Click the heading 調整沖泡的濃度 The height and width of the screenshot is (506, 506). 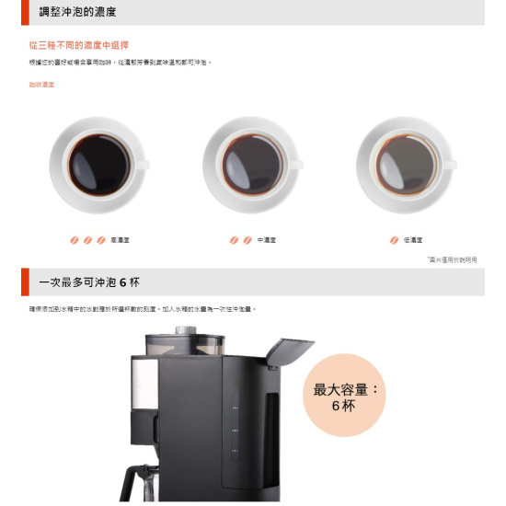point(77,13)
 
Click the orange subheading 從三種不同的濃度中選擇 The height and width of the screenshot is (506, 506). point(79,44)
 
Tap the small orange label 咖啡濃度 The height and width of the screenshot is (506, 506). point(41,85)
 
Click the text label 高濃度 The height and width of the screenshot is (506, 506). point(120,240)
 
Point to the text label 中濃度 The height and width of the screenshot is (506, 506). point(267,240)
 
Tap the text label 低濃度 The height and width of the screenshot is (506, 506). point(413,240)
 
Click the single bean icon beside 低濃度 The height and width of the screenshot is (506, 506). point(394,240)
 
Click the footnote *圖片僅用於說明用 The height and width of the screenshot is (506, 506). point(452,259)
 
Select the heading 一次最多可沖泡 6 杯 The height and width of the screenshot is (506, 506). point(89,282)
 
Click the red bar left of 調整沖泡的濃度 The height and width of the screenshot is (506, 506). point(25,12)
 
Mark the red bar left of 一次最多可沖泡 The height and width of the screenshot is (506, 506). point(25,282)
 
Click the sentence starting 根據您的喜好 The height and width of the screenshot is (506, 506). point(120,63)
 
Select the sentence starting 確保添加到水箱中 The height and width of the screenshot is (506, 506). point(143,309)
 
